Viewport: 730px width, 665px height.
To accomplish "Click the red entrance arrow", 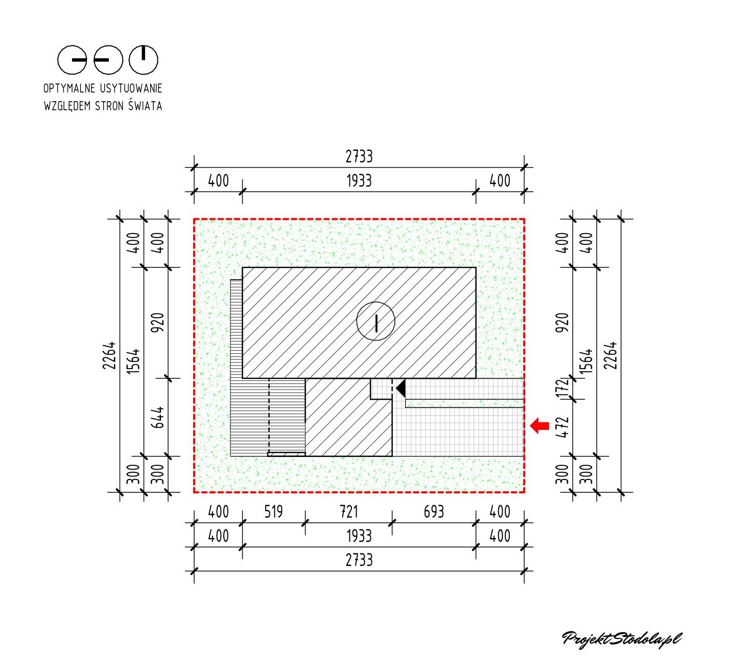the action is pos(539,425).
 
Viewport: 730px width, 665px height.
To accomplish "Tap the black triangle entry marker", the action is pos(401,388).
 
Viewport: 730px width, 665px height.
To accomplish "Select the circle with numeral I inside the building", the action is pos(375,321).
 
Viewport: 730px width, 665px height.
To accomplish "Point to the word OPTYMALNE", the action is pos(69,88).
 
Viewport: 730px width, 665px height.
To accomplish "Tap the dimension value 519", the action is pos(273,512).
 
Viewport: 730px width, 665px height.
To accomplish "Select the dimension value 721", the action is pos(348,512).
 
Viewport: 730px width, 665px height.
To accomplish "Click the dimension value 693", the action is pos(434,512).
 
